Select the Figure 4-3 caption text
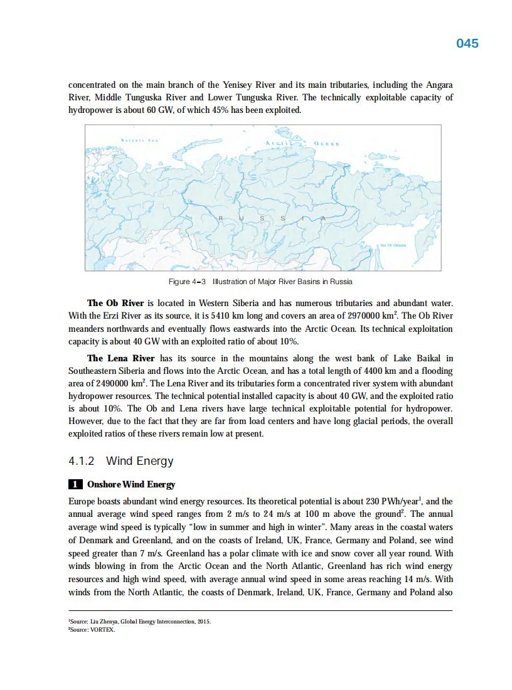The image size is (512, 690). click(260, 281)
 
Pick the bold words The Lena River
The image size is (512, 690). click(120, 358)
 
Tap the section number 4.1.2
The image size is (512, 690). click(82, 461)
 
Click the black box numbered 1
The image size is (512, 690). click(75, 484)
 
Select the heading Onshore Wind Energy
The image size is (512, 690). click(131, 484)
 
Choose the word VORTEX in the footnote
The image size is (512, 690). click(103, 630)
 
